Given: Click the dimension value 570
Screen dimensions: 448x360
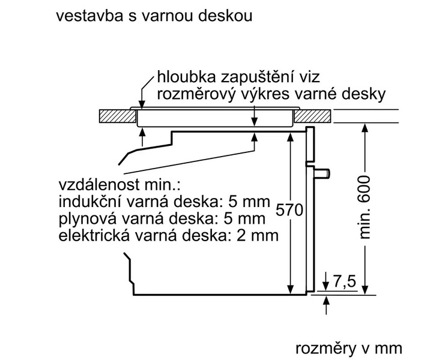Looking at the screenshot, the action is [289, 211].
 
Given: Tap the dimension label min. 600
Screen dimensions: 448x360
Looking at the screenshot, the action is [365, 207].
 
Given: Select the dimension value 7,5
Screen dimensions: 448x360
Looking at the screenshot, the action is [345, 282].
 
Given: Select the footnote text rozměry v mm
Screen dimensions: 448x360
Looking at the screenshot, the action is [348, 348].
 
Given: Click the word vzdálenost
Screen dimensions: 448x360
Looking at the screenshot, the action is [99, 185].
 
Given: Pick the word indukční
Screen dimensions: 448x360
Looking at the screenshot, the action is [90, 202].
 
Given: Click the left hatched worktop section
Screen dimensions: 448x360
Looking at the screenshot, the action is [118, 116].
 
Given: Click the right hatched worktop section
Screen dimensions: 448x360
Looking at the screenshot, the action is [313, 116].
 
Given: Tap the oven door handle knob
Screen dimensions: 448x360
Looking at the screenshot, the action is [321, 173].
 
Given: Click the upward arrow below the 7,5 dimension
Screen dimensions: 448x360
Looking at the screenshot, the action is [326, 305].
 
